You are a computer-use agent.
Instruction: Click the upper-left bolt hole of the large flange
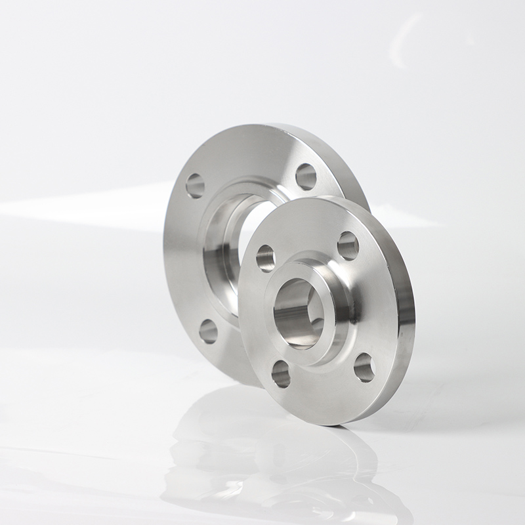195,186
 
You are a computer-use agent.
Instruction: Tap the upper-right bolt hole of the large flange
306,176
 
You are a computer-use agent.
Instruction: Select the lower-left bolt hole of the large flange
208,331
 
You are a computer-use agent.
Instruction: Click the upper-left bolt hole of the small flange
266,258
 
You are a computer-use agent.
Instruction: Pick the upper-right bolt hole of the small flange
348,245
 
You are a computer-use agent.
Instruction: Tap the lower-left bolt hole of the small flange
281,373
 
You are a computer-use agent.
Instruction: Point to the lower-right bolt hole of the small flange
364,367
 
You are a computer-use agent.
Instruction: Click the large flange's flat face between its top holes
249,154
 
